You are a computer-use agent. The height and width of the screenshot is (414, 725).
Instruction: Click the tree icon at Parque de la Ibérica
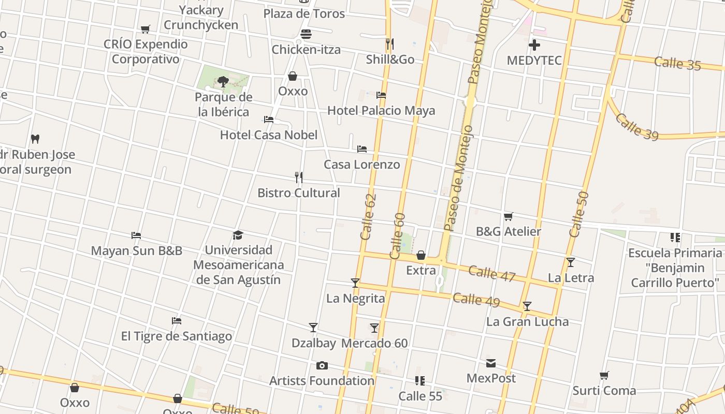[x=223, y=81]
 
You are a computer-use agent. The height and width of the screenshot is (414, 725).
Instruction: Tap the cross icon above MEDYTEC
[x=534, y=45]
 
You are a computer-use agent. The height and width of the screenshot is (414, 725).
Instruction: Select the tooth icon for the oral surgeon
[x=35, y=139]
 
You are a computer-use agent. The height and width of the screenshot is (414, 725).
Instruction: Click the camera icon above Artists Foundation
[x=322, y=366]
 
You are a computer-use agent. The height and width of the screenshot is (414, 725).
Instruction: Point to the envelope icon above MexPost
[x=490, y=363]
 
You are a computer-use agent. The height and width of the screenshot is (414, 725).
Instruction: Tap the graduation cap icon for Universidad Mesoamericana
[x=238, y=235]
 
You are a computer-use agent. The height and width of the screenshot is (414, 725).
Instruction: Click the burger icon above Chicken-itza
[x=306, y=35]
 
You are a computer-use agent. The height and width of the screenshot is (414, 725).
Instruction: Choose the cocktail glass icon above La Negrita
[x=355, y=283]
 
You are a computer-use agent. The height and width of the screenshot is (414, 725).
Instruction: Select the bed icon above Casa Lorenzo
[x=362, y=149]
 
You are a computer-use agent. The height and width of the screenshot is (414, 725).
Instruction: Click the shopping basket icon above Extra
[x=421, y=255]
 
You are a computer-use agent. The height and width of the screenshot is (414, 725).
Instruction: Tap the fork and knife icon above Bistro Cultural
[x=299, y=178]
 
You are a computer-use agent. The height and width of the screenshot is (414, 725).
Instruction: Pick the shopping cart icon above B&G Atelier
[x=508, y=216]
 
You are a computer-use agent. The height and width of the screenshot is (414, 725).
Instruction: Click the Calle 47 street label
[x=492, y=273]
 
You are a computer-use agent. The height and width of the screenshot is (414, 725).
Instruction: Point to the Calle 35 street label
[x=677, y=64]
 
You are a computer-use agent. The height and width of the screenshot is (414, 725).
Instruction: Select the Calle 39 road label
[x=637, y=127]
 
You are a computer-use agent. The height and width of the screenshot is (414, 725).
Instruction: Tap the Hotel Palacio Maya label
[x=381, y=111]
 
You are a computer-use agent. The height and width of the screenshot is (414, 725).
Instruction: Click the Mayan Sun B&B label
[x=137, y=251]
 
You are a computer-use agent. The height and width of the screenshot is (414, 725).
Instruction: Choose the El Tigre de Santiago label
[x=177, y=336]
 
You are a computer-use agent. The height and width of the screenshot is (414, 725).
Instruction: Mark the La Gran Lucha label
[x=527, y=322]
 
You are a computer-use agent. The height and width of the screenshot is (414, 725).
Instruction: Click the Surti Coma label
[x=604, y=390]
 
